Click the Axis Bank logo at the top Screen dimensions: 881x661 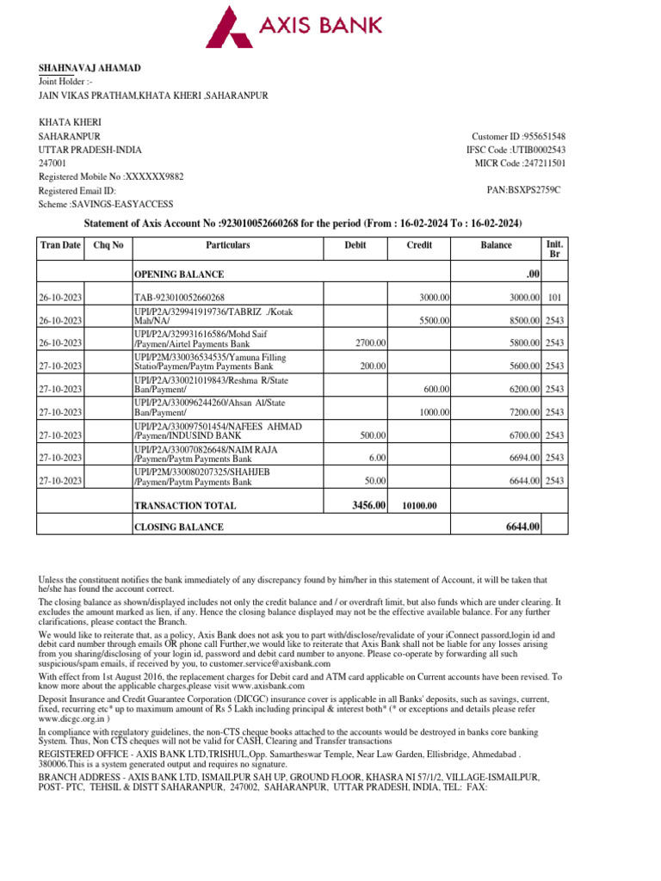click(x=330, y=27)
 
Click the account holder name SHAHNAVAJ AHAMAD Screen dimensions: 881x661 click(x=90, y=68)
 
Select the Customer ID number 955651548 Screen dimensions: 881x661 click(x=541, y=137)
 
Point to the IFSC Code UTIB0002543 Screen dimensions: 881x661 click(x=537, y=150)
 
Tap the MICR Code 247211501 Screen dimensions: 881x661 click(x=541, y=163)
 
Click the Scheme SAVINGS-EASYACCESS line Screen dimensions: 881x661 click(x=106, y=204)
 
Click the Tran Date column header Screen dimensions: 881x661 click(x=59, y=245)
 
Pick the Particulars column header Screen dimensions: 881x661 click(x=227, y=245)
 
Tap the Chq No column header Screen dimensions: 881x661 click(x=108, y=245)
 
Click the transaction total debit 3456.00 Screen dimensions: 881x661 click(x=369, y=505)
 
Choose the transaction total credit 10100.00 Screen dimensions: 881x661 click(x=420, y=506)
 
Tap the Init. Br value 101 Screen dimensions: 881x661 click(x=554, y=297)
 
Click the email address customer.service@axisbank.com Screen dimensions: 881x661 click(x=280, y=663)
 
